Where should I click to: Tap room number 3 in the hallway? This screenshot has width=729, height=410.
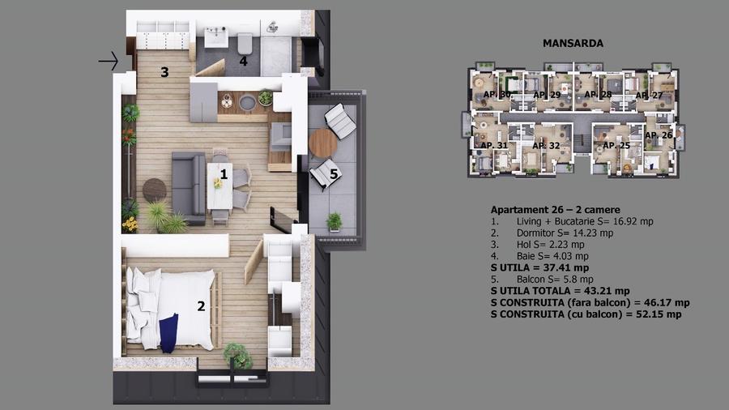pos(164,72)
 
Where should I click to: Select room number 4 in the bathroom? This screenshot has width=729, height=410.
pos(243,60)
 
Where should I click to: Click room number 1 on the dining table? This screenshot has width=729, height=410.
pos(224,173)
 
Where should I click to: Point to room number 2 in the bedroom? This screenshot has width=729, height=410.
pos(201,305)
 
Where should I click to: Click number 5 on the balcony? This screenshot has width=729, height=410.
pos(334,172)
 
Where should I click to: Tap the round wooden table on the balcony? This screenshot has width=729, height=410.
pos(322,143)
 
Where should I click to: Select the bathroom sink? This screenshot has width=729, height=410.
pos(217,37)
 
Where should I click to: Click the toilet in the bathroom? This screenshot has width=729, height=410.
pos(245,41)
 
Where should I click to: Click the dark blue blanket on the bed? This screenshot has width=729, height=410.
pos(169,333)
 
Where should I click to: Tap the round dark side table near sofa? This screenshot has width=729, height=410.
pos(154,190)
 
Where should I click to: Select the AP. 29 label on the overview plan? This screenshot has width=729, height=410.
pos(547,95)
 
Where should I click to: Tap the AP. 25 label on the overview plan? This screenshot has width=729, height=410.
pos(616,146)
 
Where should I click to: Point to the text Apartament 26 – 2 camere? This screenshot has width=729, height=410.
pos(555,210)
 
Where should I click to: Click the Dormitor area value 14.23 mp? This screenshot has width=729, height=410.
pos(582,233)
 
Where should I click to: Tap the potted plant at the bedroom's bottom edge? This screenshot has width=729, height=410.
pos(237,353)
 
